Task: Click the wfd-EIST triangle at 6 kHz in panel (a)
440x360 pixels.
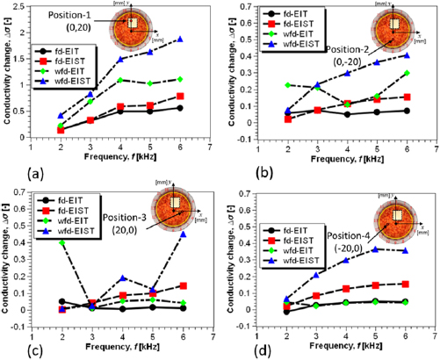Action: [x=180, y=40]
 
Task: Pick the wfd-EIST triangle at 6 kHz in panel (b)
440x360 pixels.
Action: [x=407, y=55]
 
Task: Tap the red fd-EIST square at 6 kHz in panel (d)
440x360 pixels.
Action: [x=407, y=284]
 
